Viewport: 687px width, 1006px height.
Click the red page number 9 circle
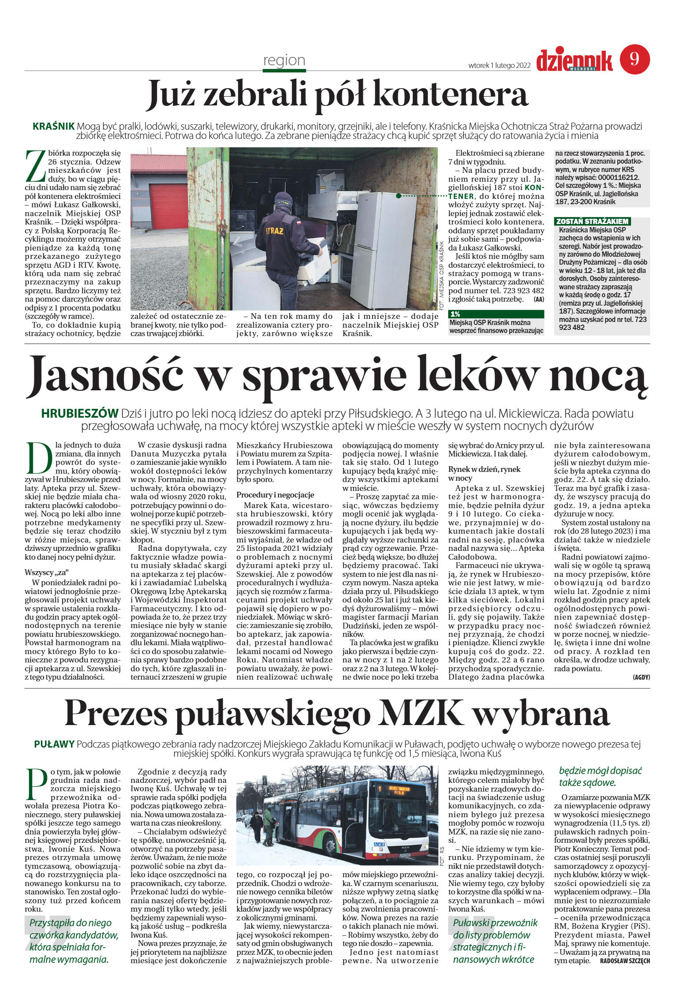click(x=635, y=59)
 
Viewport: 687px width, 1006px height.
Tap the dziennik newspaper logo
click(x=574, y=61)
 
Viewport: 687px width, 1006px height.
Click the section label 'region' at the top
click(x=284, y=60)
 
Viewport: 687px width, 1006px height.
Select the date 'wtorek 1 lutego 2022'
click(x=499, y=65)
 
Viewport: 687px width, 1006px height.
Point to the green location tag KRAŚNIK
click(x=53, y=126)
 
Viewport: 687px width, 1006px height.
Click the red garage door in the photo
click(x=168, y=206)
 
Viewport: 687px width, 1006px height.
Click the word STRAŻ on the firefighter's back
click(x=274, y=231)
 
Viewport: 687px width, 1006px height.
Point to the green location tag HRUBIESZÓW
click(x=79, y=413)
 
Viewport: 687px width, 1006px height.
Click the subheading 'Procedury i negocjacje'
click(x=275, y=495)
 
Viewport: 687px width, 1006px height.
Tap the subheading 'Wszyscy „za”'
click(x=47, y=573)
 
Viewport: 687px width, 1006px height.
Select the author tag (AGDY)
click(x=641, y=677)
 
